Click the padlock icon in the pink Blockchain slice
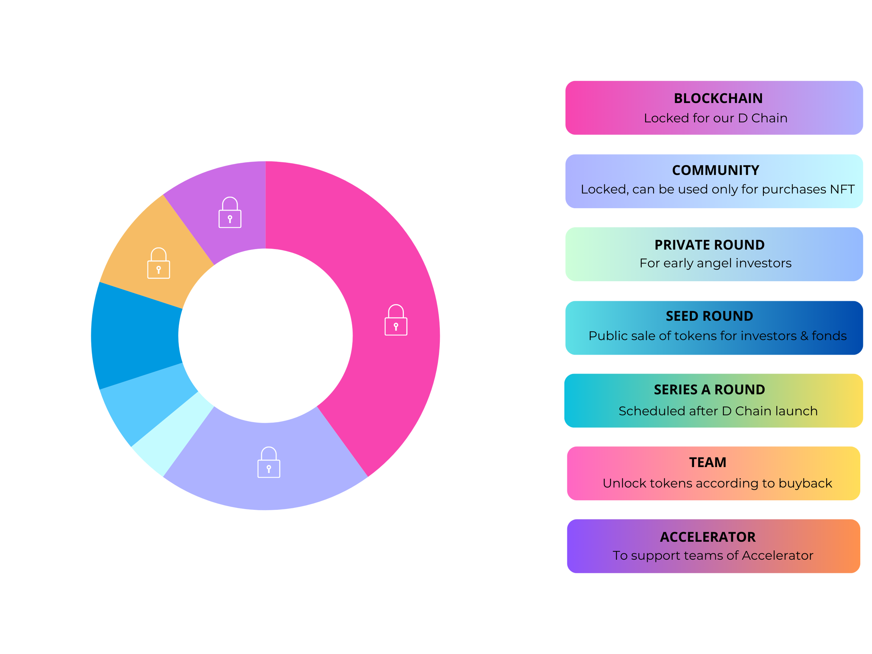396,320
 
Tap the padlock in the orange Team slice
159,263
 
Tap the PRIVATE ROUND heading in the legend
710,245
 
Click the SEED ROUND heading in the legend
710,316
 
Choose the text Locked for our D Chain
715,118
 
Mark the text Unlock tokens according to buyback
717,483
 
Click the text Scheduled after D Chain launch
718,411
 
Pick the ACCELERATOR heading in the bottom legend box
708,537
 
